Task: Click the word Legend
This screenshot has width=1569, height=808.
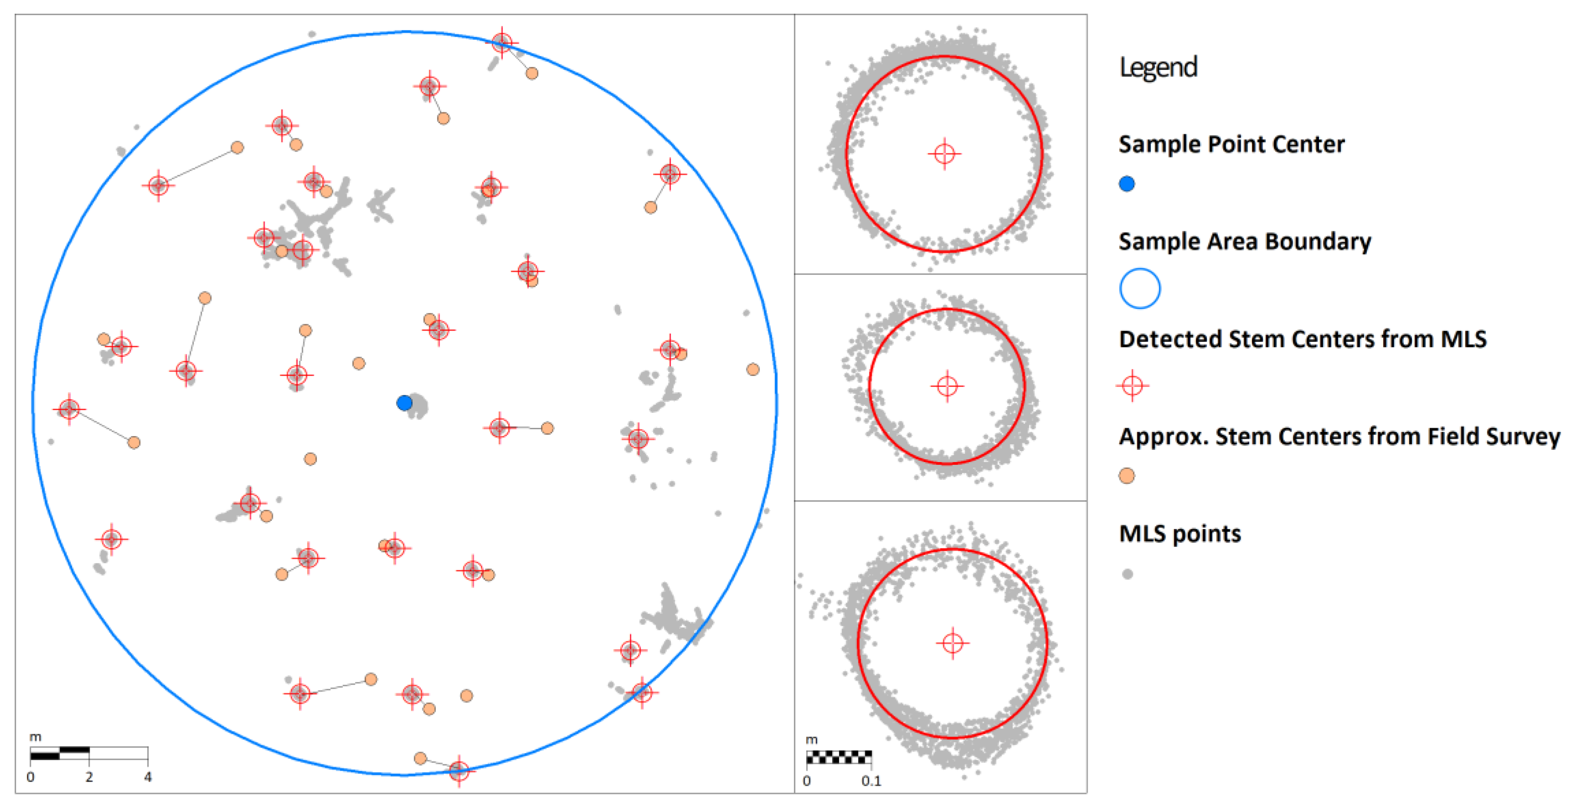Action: (1158, 67)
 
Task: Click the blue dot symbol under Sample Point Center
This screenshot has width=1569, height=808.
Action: (1127, 184)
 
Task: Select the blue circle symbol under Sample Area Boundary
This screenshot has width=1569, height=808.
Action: (1140, 288)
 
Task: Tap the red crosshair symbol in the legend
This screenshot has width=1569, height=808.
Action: (1132, 386)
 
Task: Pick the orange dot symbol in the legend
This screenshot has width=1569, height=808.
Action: (1127, 476)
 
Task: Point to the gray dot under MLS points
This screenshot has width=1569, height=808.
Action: (1127, 574)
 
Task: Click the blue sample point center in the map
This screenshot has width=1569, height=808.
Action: (404, 402)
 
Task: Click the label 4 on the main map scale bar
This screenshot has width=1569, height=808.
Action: (148, 777)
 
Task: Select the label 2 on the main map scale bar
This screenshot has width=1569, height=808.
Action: (89, 777)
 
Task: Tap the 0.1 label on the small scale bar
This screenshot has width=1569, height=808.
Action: (871, 781)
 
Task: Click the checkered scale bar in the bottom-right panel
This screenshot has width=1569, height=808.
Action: (839, 757)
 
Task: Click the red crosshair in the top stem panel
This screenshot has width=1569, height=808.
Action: (945, 153)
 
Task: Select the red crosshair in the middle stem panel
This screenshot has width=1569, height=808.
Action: (947, 386)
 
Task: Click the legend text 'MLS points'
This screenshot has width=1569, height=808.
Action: (1180, 534)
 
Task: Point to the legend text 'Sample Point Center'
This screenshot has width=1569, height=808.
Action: (1232, 144)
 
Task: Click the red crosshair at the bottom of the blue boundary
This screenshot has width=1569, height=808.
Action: (459, 771)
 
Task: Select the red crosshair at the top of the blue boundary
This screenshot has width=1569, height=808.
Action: (502, 42)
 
